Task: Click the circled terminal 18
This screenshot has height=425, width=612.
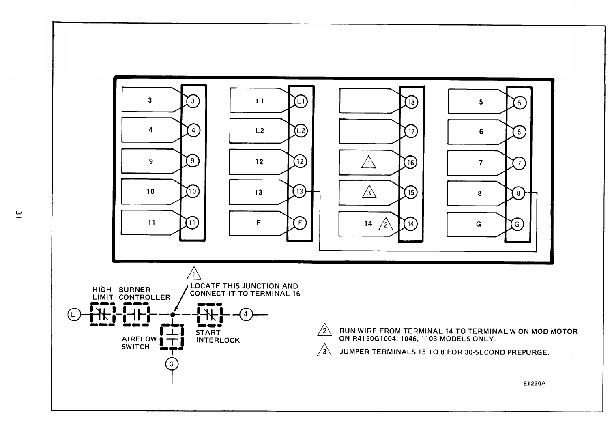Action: pyautogui.click(x=411, y=102)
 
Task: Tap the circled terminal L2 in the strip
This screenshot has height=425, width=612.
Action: pyautogui.click(x=301, y=131)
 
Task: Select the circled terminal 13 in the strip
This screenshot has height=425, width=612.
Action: pyautogui.click(x=300, y=191)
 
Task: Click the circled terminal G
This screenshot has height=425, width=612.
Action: pyautogui.click(x=517, y=224)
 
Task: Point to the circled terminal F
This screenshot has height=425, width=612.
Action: pyautogui.click(x=300, y=223)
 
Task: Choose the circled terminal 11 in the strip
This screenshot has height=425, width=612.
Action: pyautogui.click(x=192, y=223)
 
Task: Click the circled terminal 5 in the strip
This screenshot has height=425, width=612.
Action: pyautogui.click(x=520, y=103)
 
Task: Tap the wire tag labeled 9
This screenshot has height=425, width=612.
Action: pyautogui.click(x=151, y=161)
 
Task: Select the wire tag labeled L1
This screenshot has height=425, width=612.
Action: pyautogui.click(x=260, y=101)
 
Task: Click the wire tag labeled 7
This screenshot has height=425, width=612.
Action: pyautogui.click(x=481, y=163)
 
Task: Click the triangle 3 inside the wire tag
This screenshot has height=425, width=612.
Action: pyautogui.click(x=369, y=193)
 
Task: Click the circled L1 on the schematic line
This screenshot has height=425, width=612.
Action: pyautogui.click(x=74, y=314)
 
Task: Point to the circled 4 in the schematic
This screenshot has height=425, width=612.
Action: pyautogui.click(x=245, y=314)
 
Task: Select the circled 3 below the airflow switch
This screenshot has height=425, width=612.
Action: pyautogui.click(x=172, y=364)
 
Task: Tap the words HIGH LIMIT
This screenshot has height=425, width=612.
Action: pyautogui.click(x=102, y=293)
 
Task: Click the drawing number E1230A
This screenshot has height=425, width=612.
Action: pyautogui.click(x=534, y=383)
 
